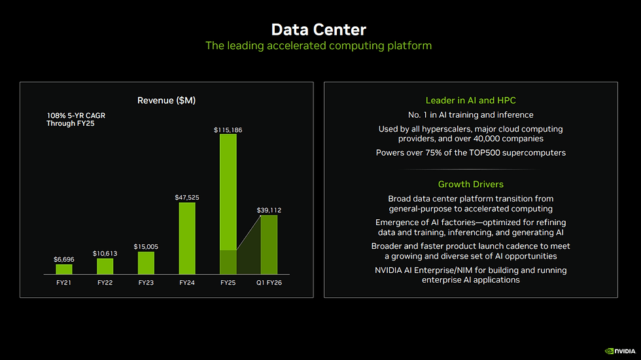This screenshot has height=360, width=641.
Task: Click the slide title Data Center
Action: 319,29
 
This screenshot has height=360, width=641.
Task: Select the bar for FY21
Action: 64,269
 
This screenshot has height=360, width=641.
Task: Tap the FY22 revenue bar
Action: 105,266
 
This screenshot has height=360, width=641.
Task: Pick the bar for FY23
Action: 146,262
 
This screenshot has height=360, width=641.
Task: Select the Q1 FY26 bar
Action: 269,244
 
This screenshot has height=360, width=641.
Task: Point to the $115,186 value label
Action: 228,130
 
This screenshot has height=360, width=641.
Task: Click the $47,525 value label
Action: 187,197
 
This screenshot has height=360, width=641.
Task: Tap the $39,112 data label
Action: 269,210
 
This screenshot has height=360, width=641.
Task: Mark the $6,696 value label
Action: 64,259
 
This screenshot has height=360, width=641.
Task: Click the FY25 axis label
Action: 228,283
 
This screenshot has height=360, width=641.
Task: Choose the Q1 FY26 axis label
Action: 269,283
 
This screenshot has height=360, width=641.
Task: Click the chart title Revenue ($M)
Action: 166,100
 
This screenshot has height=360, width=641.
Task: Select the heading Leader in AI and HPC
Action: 470,100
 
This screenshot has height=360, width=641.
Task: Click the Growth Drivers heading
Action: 470,184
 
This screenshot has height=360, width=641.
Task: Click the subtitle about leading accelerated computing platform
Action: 319,46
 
